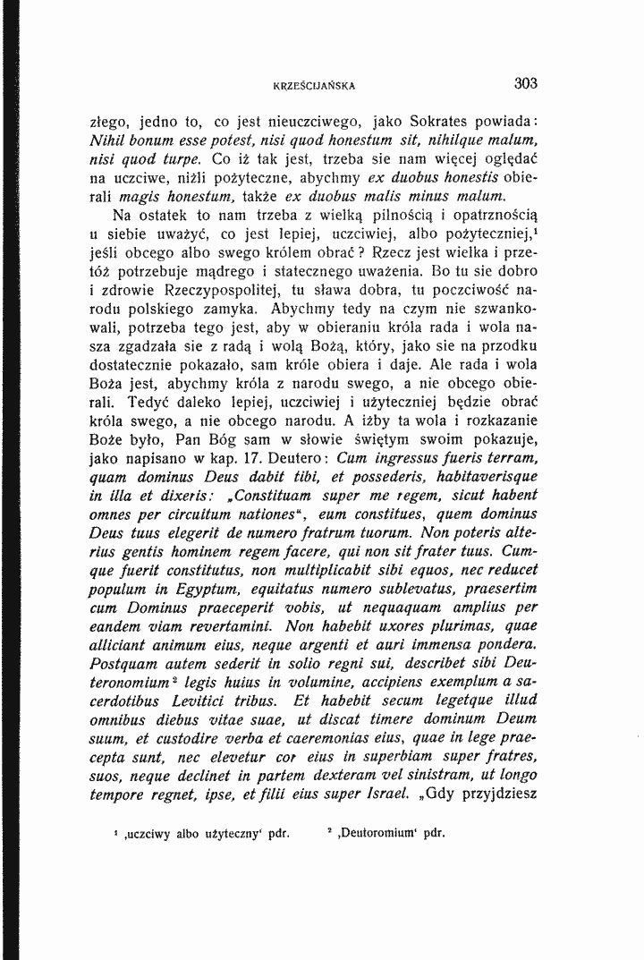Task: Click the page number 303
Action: point(525,85)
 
